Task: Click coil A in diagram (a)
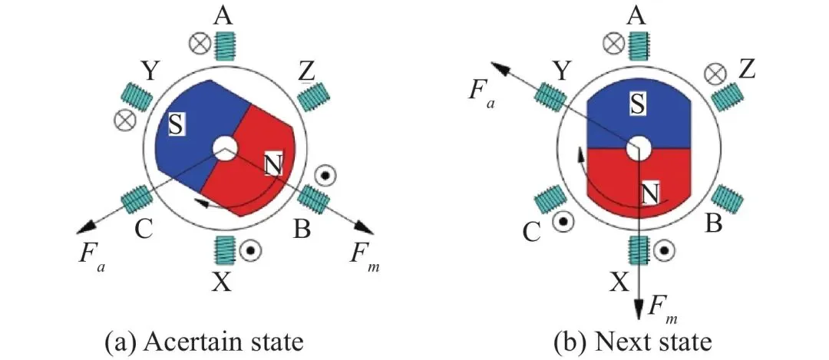225,48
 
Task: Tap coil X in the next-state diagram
638,249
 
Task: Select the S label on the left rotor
176,124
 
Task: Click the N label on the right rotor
649,195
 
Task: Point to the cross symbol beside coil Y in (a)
121,120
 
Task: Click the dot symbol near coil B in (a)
325,176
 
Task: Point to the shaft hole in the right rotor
637,147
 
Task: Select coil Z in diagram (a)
311,96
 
